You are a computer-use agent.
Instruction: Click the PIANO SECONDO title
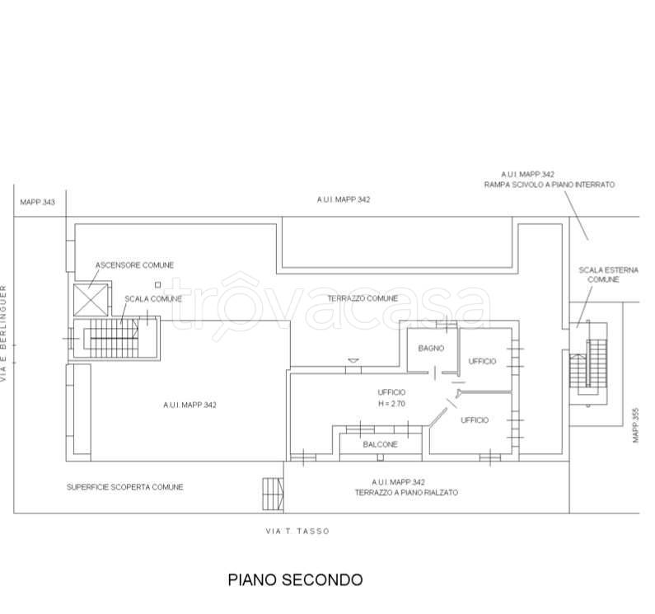point(294,579)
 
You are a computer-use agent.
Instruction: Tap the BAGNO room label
point(430,349)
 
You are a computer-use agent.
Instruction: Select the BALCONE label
point(380,444)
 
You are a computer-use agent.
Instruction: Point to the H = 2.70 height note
point(391,404)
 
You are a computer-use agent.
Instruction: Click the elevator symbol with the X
point(90,298)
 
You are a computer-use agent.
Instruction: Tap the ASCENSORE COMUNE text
point(134,265)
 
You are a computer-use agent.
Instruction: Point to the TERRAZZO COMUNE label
point(363,298)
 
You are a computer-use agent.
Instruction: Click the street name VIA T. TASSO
point(297,532)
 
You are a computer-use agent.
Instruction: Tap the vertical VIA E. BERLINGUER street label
point(5,333)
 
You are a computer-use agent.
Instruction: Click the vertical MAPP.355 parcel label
point(635,424)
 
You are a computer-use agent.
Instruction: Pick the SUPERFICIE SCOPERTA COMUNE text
point(125,487)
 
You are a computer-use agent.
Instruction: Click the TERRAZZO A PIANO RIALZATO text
point(406,492)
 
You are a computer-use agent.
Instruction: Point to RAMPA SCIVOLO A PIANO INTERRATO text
point(549,185)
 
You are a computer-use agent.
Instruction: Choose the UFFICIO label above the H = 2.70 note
point(391,392)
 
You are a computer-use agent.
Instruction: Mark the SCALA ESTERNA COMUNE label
point(597,274)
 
